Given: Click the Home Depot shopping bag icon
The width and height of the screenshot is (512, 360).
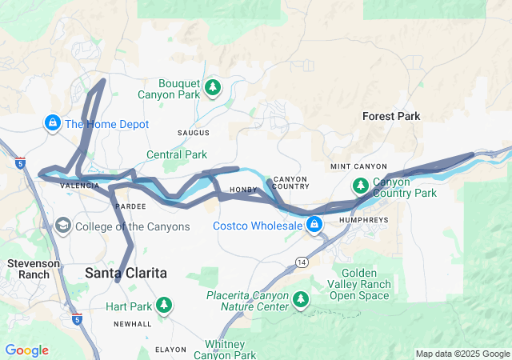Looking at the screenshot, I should pyautogui.click(x=52, y=123).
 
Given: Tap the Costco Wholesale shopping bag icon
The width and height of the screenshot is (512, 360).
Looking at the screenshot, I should pyautogui.click(x=315, y=225).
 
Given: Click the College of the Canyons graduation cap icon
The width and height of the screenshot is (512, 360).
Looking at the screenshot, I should pyautogui.click(x=62, y=226).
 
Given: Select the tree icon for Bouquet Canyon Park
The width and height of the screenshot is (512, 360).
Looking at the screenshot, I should pyautogui.click(x=212, y=86).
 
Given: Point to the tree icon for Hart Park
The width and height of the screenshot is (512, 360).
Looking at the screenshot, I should pyautogui.click(x=164, y=305).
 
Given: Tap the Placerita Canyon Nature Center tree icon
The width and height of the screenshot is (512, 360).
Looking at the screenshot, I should pyautogui.click(x=301, y=300).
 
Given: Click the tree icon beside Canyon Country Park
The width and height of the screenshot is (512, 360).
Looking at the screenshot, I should pyautogui.click(x=361, y=186).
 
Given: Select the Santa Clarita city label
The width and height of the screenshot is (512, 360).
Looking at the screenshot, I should pyautogui.click(x=126, y=273).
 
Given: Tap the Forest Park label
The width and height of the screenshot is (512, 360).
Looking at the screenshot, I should pyautogui.click(x=391, y=116).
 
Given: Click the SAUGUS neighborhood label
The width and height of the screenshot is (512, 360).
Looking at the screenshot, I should pyautogui.click(x=193, y=132).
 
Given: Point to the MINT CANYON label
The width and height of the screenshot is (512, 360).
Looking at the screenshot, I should pyautogui.click(x=358, y=166).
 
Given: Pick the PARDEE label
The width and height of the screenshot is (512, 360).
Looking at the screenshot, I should pyautogui.click(x=130, y=206).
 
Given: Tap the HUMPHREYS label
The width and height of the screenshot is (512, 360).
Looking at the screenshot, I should pyautogui.click(x=364, y=218).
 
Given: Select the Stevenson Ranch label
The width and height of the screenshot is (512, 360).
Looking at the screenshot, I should pyautogui.click(x=29, y=268).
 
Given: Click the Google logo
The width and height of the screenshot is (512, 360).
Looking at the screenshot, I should pyautogui.click(x=26, y=350).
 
